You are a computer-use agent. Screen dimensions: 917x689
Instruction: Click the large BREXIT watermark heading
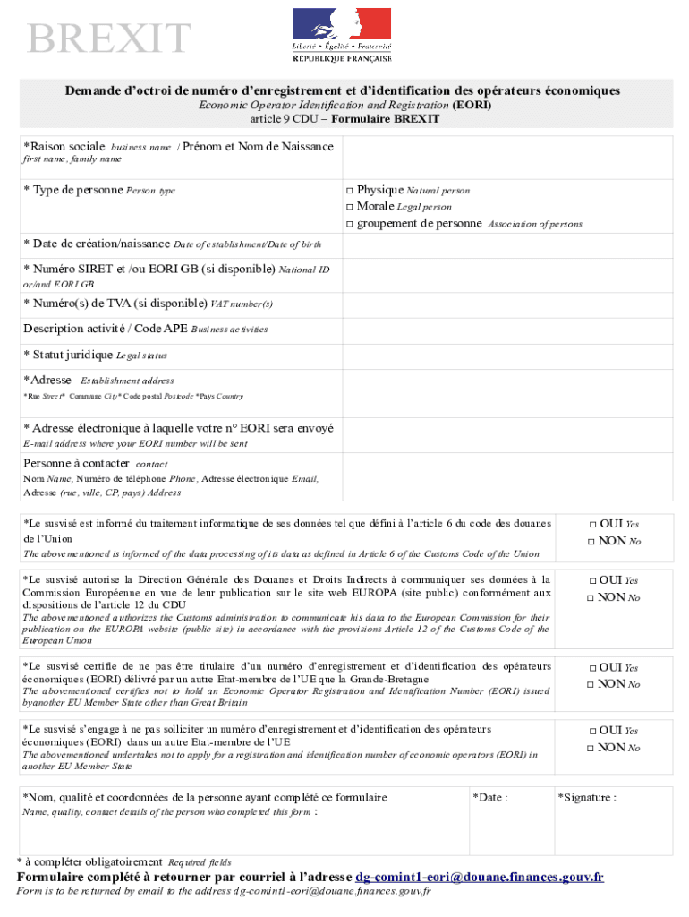(109, 39)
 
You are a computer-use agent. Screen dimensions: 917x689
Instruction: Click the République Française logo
(342, 35)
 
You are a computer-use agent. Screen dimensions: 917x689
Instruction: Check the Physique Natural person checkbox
(350, 191)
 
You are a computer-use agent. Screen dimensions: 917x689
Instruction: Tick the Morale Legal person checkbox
(350, 207)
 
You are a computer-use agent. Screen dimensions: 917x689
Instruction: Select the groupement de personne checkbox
(350, 224)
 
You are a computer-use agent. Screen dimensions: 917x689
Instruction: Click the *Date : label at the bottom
(490, 797)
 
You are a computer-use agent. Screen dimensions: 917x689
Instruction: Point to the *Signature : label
(586, 797)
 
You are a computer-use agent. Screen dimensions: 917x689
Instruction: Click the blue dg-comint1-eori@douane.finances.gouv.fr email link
(480, 877)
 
